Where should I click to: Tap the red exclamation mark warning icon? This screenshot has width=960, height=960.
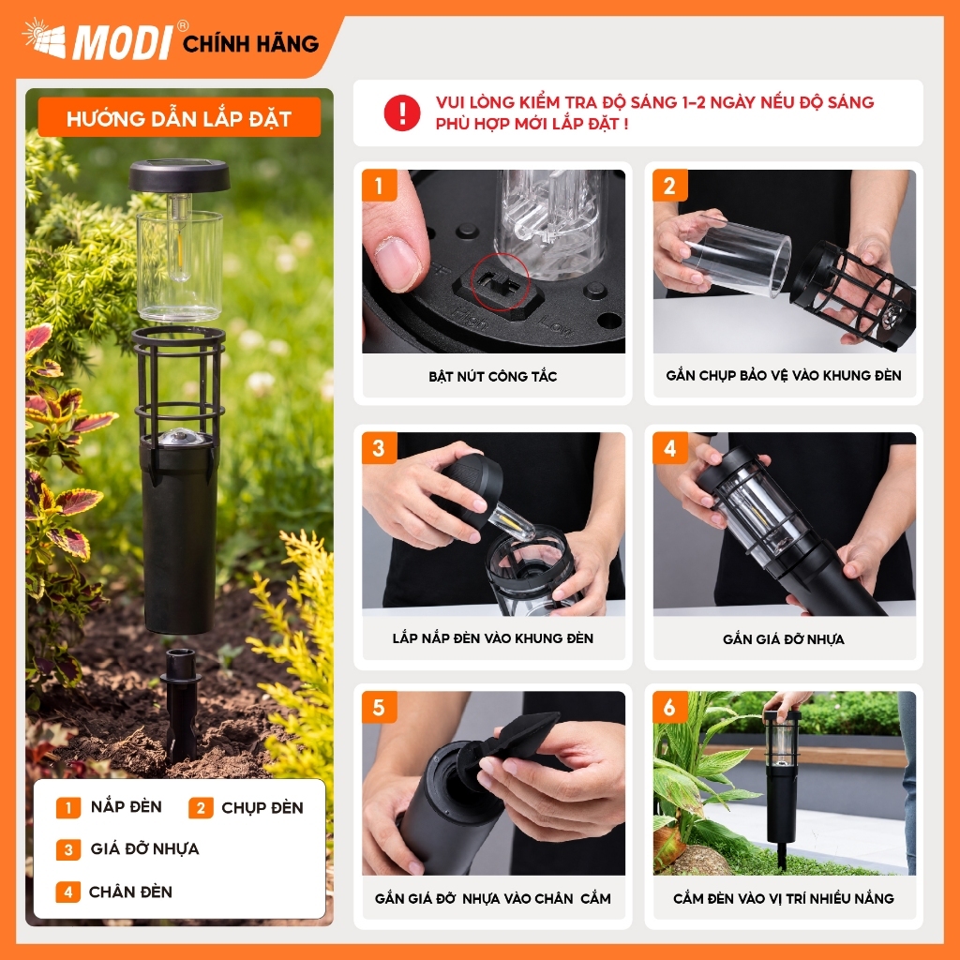(x=402, y=112)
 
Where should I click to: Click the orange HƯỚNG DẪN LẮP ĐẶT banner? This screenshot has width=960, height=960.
(x=179, y=117)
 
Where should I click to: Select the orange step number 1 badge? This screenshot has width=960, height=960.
(x=379, y=186)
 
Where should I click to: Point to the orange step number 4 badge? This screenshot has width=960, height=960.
(x=669, y=448)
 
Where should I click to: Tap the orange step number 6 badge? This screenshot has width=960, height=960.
(x=669, y=707)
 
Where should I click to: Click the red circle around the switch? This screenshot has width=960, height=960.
(x=501, y=281)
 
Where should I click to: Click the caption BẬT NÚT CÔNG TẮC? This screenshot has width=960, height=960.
(x=493, y=377)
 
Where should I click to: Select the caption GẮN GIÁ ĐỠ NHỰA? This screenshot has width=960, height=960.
(x=784, y=639)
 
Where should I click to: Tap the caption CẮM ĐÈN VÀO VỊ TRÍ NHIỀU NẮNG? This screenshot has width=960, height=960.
(x=784, y=898)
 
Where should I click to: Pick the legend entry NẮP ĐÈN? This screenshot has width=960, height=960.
(x=127, y=807)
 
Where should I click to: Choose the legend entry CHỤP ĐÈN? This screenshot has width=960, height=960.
(x=262, y=807)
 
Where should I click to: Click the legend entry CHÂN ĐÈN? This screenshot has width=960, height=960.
(x=130, y=892)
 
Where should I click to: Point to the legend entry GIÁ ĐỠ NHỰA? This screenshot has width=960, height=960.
(x=144, y=848)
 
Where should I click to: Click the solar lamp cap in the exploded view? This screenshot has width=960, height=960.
(x=179, y=174)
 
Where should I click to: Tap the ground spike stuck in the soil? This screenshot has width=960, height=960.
(x=180, y=705)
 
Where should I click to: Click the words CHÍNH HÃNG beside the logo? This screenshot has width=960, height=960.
(x=251, y=43)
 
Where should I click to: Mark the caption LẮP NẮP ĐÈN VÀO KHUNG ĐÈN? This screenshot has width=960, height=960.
(x=493, y=638)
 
